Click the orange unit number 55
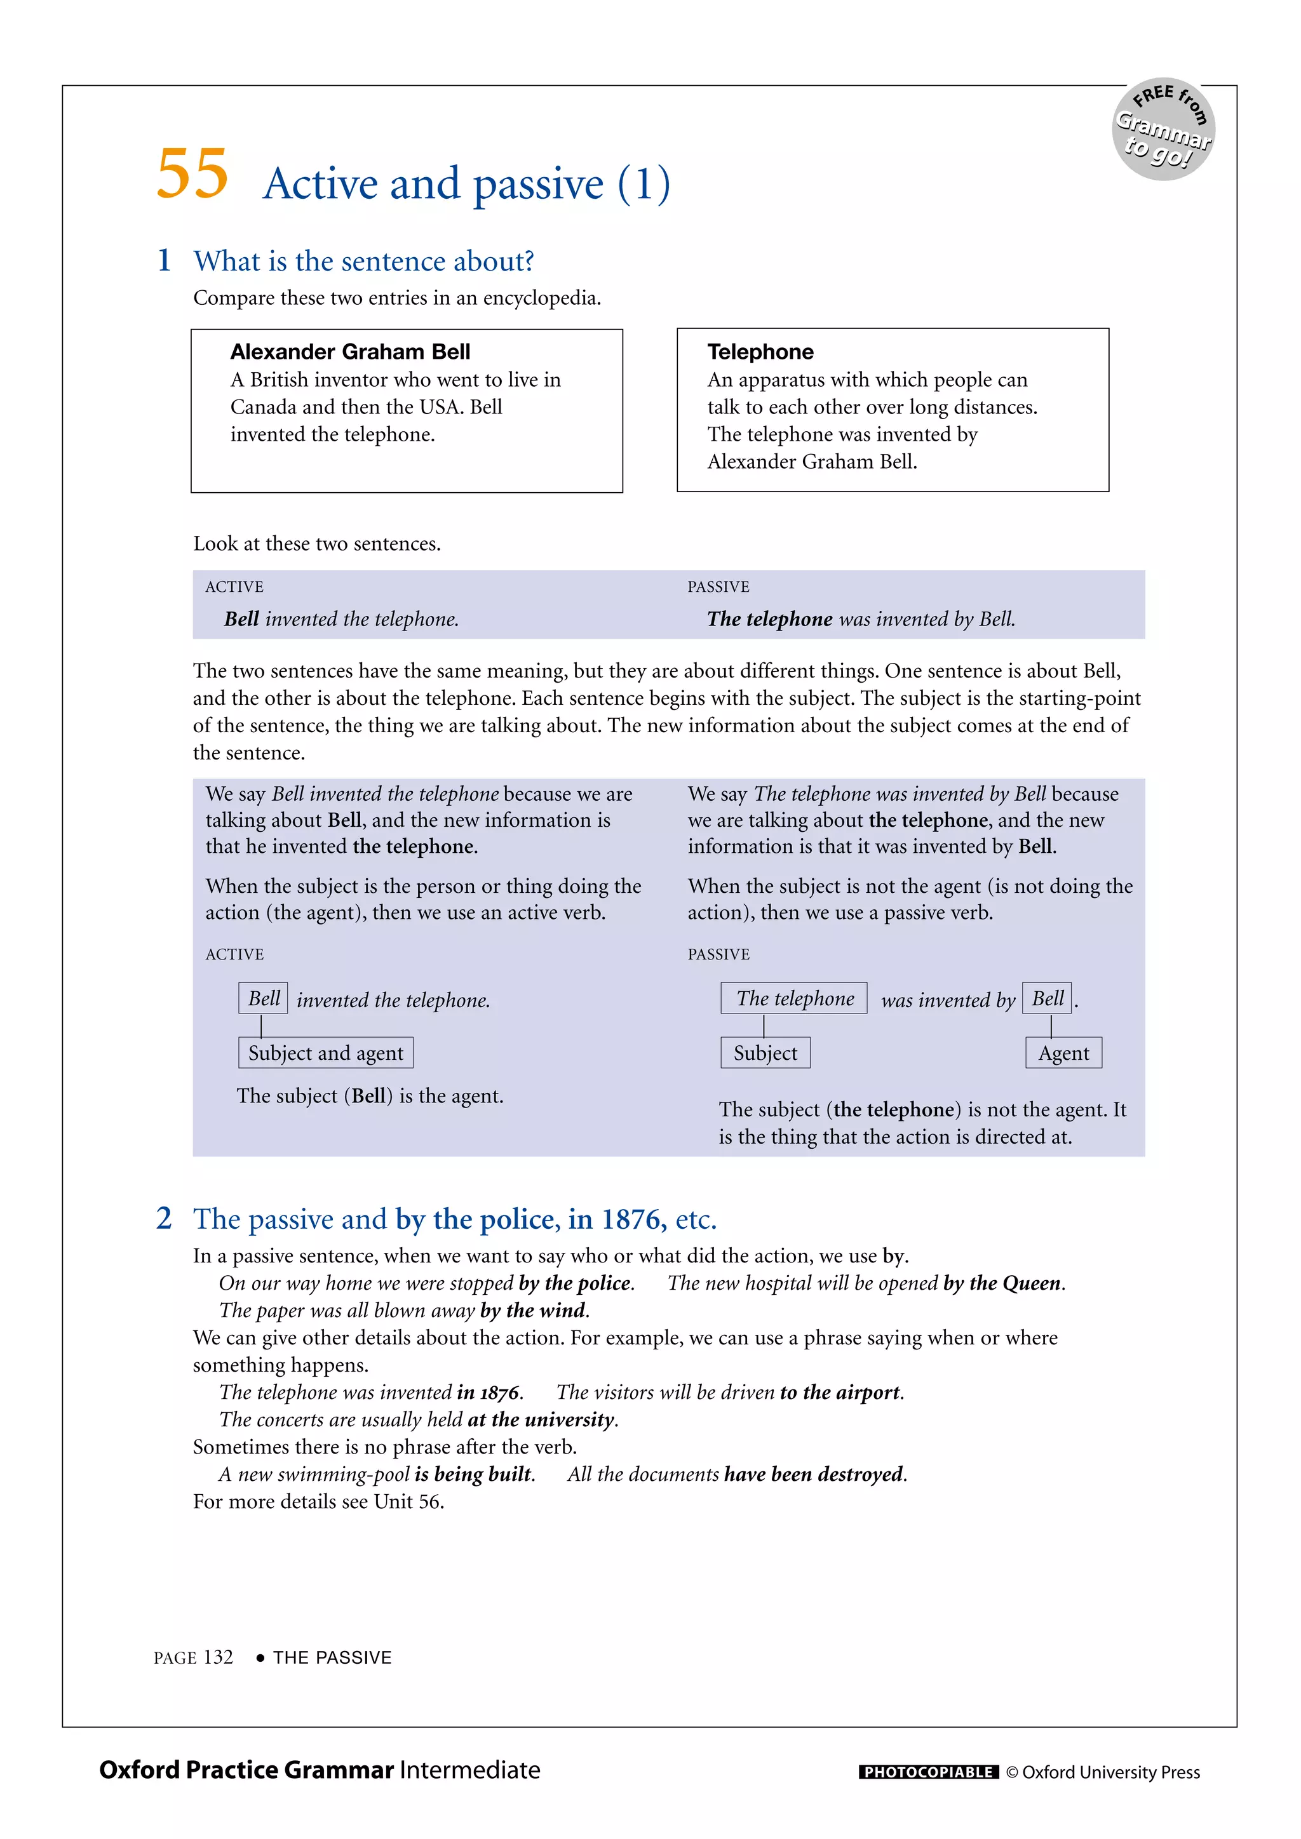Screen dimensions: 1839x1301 coord(192,174)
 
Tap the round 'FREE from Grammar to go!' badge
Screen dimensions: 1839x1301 coord(1163,130)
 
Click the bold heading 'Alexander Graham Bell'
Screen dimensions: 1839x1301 coord(350,352)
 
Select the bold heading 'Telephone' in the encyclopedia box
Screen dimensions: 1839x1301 coord(760,352)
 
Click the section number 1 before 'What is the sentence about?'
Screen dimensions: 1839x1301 coord(165,260)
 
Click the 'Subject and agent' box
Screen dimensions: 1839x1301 coord(325,1052)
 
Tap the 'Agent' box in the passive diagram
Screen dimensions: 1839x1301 coord(1063,1052)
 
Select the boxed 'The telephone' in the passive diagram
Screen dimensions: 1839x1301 coord(794,998)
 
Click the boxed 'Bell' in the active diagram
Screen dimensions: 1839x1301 coord(264,998)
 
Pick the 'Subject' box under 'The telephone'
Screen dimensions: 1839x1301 coord(765,1052)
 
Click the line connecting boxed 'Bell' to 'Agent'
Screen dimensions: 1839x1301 coord(1051,1026)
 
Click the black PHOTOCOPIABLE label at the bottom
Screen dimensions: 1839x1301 coord(927,1772)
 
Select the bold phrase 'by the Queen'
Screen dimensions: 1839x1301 coord(1003,1283)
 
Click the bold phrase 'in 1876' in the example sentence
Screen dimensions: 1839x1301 coord(488,1392)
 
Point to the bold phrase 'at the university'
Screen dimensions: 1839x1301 coord(541,1419)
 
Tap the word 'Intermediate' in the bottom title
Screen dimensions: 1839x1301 coord(469,1770)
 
